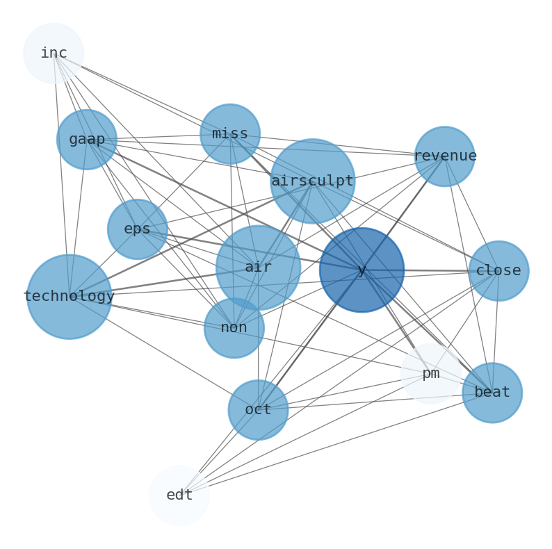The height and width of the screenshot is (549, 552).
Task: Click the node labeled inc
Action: click(54, 53)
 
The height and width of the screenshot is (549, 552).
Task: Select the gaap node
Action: click(87, 139)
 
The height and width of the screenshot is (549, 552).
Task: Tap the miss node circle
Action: click(230, 133)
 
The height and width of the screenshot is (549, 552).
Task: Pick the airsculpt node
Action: click(312, 181)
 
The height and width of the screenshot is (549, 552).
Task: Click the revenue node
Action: click(444, 156)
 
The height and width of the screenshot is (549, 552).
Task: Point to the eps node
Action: click(138, 229)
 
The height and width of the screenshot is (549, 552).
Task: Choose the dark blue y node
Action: click(362, 270)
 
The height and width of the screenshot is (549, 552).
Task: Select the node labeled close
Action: click(498, 270)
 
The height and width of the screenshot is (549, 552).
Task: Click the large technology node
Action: click(69, 296)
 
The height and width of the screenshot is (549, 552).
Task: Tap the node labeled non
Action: click(234, 327)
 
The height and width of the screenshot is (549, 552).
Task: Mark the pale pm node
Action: click(431, 373)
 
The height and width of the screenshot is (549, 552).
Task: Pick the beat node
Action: click(492, 392)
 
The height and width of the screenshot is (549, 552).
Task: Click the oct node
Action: click(258, 409)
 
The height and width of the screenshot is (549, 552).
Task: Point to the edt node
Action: click(179, 495)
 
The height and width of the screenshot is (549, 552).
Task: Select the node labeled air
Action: click(258, 267)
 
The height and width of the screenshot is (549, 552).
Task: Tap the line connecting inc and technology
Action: click(61, 174)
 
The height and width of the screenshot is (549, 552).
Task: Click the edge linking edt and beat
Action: click(334, 444)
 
